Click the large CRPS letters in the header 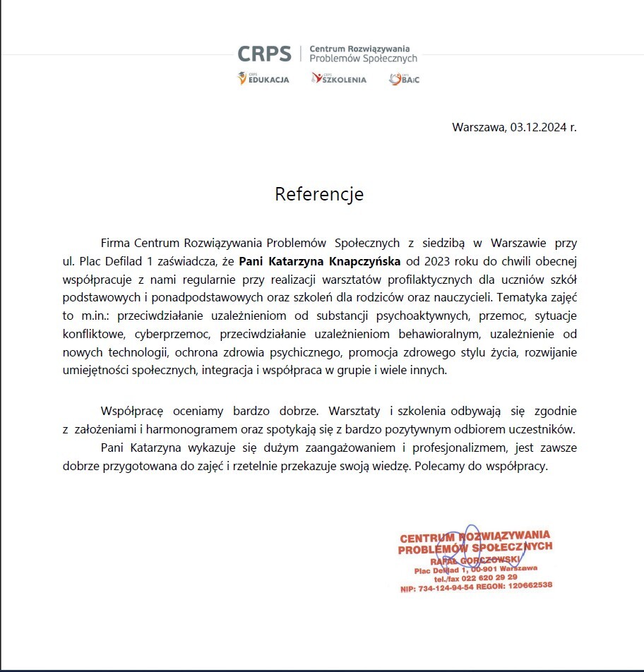click(x=265, y=54)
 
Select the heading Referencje click(x=319, y=193)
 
